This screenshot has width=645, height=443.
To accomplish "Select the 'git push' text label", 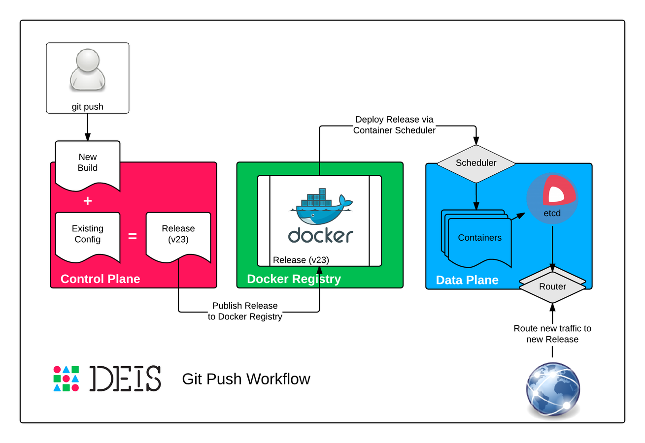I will [x=87, y=106].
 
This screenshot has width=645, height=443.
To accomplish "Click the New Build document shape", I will [x=88, y=163].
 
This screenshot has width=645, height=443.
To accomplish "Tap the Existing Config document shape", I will [x=88, y=234].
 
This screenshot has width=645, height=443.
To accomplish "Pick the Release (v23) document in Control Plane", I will [x=178, y=234].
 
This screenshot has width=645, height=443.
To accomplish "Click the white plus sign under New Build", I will [x=88, y=201].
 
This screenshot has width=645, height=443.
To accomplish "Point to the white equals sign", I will [x=133, y=236].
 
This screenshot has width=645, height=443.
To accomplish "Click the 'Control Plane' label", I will [x=100, y=279].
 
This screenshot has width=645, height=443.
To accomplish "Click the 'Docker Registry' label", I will [x=294, y=279].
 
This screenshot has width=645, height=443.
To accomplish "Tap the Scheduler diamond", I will [x=476, y=163].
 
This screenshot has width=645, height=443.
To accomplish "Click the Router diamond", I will [x=552, y=286].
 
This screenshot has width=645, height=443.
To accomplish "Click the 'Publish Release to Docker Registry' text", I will [x=245, y=311].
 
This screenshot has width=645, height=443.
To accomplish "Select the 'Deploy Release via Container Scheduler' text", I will [x=394, y=125].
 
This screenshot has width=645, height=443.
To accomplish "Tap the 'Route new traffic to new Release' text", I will [x=552, y=334].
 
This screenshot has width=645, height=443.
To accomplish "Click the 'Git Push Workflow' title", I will [x=246, y=379].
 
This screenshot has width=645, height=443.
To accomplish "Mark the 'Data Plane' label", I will [x=467, y=280].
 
